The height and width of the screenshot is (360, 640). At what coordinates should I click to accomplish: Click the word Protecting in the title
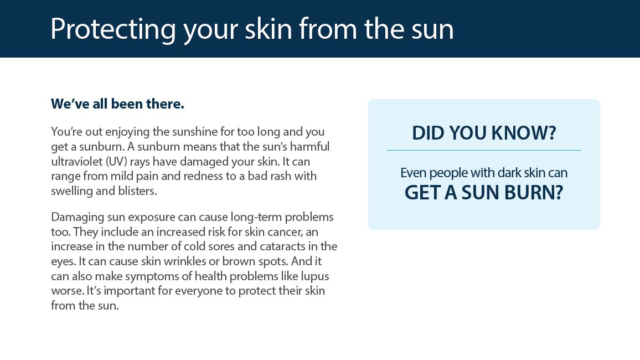pyautogui.click(x=113, y=30)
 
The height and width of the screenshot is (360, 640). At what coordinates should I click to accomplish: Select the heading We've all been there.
pyautogui.click(x=117, y=104)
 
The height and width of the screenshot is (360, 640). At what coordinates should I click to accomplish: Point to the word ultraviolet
pyautogui.click(x=77, y=161)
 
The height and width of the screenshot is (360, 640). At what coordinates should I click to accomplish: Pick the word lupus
pyautogui.click(x=314, y=276)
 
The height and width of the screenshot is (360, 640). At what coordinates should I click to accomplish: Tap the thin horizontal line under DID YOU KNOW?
pyautogui.click(x=484, y=150)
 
